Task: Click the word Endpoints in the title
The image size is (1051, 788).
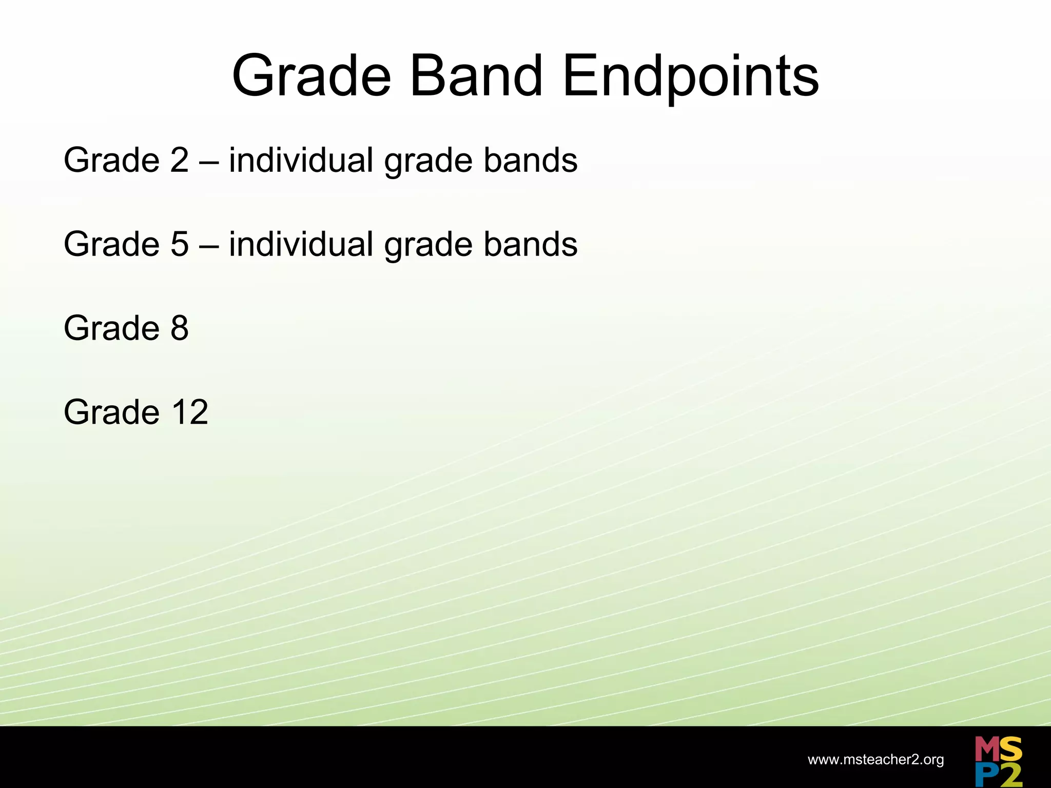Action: click(x=690, y=77)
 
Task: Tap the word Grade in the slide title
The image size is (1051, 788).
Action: click(x=311, y=77)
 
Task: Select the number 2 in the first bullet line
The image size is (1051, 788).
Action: click(x=180, y=160)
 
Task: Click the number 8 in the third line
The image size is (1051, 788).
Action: click(x=180, y=328)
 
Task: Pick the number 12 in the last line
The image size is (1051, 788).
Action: click(x=190, y=412)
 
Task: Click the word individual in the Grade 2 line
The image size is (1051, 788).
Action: click(x=301, y=160)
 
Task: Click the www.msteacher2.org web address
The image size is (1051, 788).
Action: click(x=875, y=760)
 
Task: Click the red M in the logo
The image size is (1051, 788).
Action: click(x=986, y=750)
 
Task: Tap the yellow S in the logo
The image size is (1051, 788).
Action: click(x=1010, y=750)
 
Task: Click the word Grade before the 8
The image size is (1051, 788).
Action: click(x=111, y=328)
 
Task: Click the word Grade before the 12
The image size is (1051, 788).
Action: click(x=111, y=412)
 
